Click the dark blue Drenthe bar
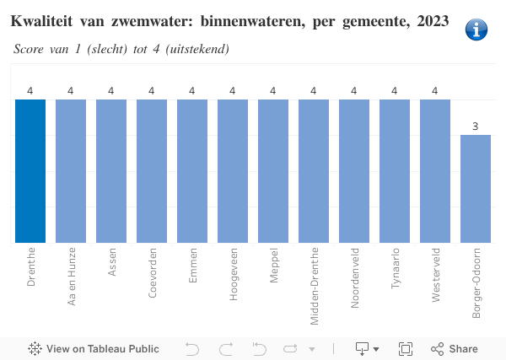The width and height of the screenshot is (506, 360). (x=30, y=171)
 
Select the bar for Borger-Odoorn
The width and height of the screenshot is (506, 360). (x=476, y=189)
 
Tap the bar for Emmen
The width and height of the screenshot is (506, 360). (x=192, y=171)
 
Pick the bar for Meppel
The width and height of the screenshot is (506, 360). (x=273, y=171)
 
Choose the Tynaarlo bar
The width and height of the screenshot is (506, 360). (x=395, y=171)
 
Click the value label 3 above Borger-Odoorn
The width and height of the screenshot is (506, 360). (x=476, y=126)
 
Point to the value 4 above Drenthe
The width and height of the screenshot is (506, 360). (x=30, y=91)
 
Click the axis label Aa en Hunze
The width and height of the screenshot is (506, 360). (x=72, y=275)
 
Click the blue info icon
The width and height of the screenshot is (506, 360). (x=476, y=30)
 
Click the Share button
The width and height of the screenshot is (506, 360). (x=455, y=349)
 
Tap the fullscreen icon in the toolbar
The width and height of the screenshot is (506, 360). (x=405, y=349)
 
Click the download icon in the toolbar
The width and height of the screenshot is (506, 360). (x=363, y=349)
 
